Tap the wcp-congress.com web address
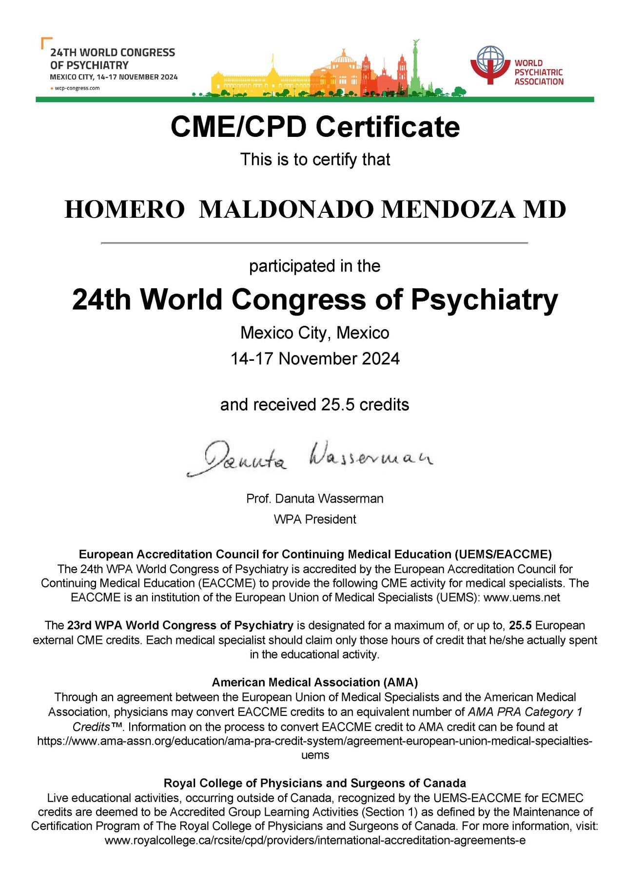coord(77,88)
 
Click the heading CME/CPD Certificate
coord(315,127)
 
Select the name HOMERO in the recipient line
coord(124,210)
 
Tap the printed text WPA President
coord(315,519)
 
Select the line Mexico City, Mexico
coord(315,333)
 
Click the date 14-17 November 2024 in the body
coord(315,359)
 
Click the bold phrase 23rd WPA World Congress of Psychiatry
coord(180,625)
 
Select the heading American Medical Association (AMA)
coord(315,682)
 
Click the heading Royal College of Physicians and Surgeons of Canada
coord(315,783)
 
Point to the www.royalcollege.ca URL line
coord(315,840)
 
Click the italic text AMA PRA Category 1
coord(525,712)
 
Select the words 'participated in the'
coord(315,266)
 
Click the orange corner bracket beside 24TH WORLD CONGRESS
coord(46,42)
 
